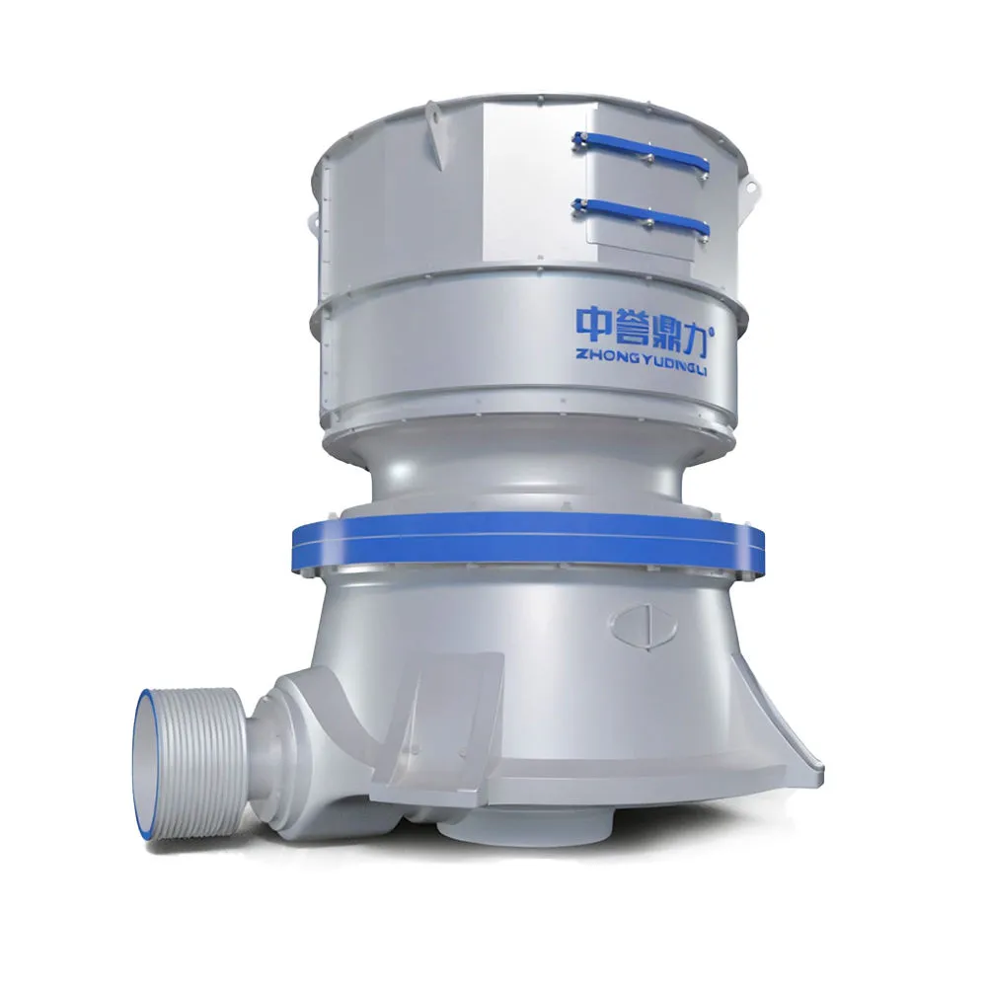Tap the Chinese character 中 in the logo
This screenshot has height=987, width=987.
(594, 324)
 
